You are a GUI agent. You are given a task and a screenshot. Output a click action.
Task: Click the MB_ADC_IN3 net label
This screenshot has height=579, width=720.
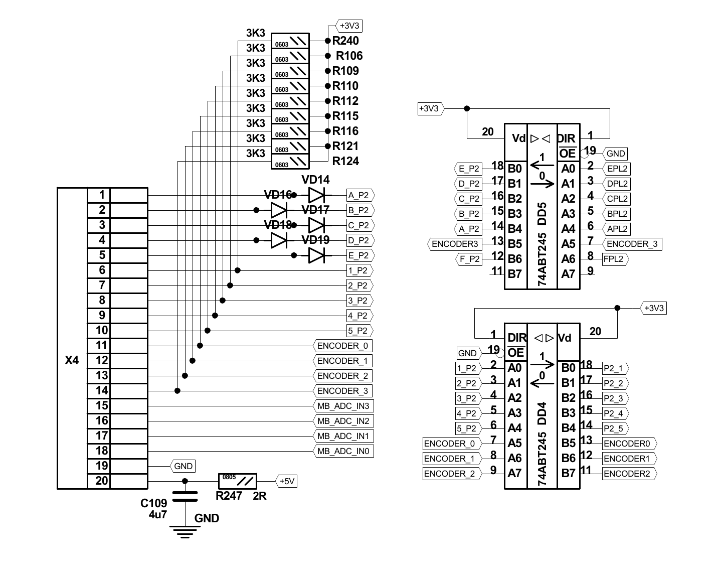tap(343, 406)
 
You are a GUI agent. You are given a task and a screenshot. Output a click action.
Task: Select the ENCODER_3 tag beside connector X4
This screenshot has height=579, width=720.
tap(343, 391)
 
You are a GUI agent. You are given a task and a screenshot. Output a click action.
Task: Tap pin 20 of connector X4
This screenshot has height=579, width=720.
tap(102, 481)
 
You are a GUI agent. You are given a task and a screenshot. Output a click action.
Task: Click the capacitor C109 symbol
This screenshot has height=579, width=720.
tap(185, 497)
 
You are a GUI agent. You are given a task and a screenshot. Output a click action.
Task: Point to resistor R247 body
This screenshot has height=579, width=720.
tap(237, 481)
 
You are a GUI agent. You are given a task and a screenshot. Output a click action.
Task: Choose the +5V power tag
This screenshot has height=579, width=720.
tap(287, 481)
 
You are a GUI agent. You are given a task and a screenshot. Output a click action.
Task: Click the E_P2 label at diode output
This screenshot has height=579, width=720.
tap(359, 255)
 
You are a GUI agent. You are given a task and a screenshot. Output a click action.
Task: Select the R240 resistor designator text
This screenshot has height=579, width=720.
tap(345, 41)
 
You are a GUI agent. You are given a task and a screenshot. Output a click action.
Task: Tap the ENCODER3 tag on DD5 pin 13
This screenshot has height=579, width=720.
tap(455, 244)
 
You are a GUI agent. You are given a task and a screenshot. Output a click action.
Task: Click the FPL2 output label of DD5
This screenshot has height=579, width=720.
tap(615, 259)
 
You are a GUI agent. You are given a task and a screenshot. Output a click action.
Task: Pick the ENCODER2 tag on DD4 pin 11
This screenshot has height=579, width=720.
tap(628, 474)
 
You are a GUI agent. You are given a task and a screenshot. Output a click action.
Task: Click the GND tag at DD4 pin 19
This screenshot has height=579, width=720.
tap(467, 353)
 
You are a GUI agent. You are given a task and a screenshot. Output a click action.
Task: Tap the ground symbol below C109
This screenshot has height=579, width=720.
tap(185, 531)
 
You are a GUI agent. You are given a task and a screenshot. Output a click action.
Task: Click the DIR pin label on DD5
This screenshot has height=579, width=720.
tap(567, 138)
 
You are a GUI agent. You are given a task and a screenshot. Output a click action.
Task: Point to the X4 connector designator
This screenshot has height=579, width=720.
tap(72, 360)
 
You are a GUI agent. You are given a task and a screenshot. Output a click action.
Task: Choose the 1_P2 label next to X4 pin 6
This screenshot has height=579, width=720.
tap(358, 270)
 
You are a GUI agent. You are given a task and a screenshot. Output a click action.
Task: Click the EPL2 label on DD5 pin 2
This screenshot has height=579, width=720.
tap(617, 169)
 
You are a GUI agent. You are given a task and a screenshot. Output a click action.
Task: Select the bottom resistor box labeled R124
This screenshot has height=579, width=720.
tap(290, 162)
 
